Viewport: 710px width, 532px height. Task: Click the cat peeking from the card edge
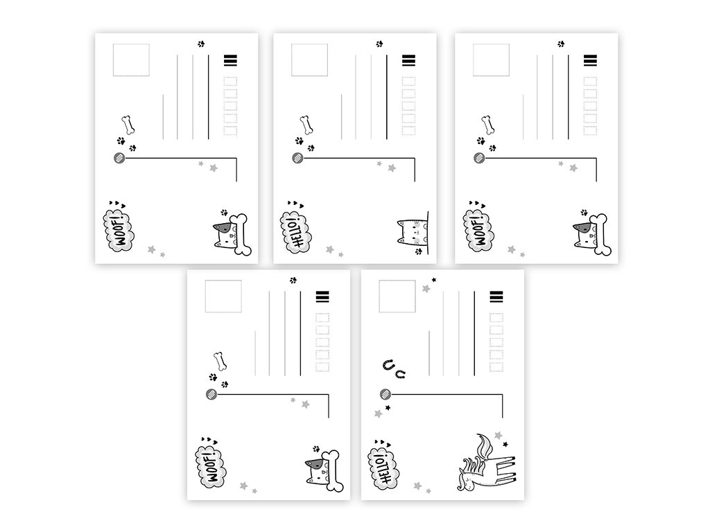pyautogui.click(x=412, y=231)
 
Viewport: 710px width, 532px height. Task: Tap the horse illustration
pyautogui.click(x=487, y=463)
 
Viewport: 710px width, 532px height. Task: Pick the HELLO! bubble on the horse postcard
pyautogui.click(x=383, y=469)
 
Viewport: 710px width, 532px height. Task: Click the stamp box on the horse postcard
pyautogui.click(x=397, y=296)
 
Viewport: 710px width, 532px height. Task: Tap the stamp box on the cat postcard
pyautogui.click(x=309, y=60)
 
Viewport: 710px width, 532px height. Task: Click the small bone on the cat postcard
pyautogui.click(x=306, y=125)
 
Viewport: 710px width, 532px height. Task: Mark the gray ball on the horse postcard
pyautogui.click(x=386, y=394)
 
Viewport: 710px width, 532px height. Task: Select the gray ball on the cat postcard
pyautogui.click(x=297, y=159)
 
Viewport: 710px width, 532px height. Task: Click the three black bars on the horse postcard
pyautogui.click(x=496, y=296)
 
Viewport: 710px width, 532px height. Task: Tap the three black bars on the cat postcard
pyautogui.click(x=408, y=60)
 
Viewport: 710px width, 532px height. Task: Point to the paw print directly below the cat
pyautogui.click(x=418, y=251)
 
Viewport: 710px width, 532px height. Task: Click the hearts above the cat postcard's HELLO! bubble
pyautogui.click(x=295, y=204)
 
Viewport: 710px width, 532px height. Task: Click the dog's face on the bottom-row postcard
pyautogui.click(x=316, y=470)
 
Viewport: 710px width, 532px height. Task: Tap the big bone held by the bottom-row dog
pyautogui.click(x=335, y=471)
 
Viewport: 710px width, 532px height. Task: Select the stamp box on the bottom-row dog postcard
pyautogui.click(x=223, y=296)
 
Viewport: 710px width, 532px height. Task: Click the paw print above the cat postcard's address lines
pyautogui.click(x=379, y=44)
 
